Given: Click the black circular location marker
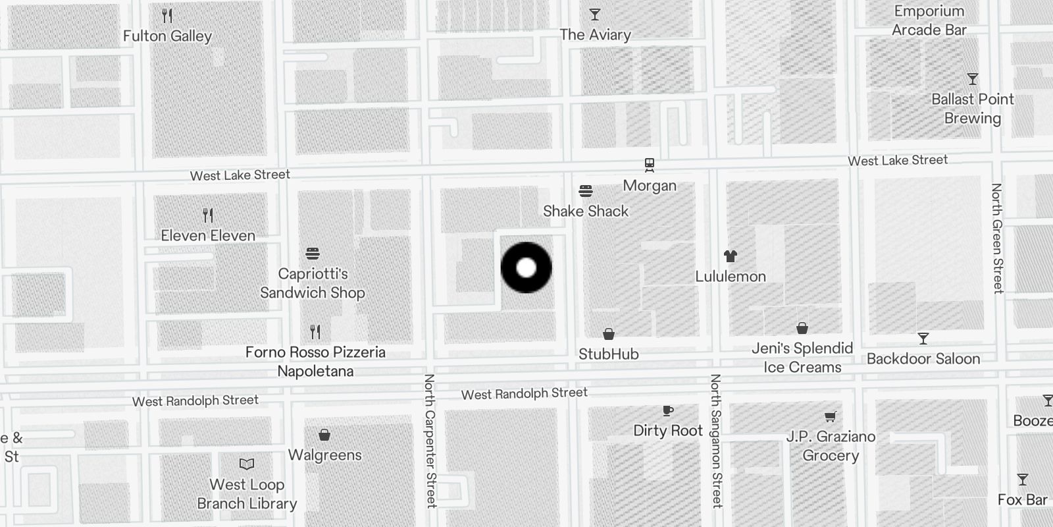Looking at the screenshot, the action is pos(526,267).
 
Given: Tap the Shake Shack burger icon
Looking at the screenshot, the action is pos(586,192).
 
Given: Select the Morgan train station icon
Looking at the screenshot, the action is pos(650,165).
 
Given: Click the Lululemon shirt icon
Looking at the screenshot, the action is pos(731,256).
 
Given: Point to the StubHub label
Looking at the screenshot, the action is pos(609,354).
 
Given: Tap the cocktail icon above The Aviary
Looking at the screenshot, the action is pos(595,14).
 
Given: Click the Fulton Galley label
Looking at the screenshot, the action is pos(167,36).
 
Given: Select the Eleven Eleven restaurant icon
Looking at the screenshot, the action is pos(208,215).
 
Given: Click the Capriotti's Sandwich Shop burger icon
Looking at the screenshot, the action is pos(313,254).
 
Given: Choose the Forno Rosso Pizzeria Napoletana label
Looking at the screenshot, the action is pos(315,362).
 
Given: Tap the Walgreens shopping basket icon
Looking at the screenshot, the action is pos(324,435).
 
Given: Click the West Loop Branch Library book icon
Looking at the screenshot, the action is pos(247,464).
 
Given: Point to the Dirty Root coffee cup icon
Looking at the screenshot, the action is pos(668,411).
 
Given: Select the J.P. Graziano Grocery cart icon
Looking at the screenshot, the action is pos(831,416).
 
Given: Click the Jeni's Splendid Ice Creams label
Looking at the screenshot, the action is pos(802,358).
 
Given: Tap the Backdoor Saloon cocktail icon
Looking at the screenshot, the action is pos(923,339).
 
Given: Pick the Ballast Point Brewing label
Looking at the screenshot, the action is pos(973,109).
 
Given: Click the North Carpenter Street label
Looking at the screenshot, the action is pos(430,441).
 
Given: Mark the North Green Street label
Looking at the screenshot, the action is pos(998,238).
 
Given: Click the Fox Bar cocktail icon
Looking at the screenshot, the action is pos(1022,480).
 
